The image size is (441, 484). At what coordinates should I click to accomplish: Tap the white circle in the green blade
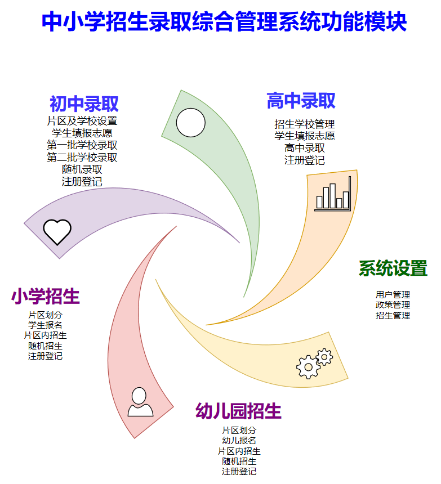pos(190,123)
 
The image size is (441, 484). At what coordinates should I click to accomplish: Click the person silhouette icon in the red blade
pos(140,402)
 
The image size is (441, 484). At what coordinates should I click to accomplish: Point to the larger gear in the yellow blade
pos(308,367)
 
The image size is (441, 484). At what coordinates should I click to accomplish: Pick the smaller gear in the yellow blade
pos(324,357)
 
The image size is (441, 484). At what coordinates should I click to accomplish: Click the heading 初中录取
pos(84,104)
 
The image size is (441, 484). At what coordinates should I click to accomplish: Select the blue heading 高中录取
pos(301,101)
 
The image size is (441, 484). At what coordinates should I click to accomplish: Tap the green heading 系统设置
pos(393,268)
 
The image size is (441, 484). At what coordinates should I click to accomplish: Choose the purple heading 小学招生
pos(46,297)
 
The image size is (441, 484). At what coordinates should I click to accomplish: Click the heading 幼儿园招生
pos(238,411)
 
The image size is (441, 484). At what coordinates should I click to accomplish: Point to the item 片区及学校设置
pos(82,120)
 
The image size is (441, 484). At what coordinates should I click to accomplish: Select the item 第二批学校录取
pos(82,157)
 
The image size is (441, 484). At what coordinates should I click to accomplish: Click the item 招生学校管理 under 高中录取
pos(305,124)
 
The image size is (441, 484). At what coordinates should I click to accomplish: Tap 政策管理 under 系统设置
pos(393,305)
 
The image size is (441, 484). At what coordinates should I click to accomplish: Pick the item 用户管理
pos(393,294)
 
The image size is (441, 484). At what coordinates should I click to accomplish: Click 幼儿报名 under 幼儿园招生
pos(239,441)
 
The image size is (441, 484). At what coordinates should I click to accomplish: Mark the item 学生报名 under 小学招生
pos(46,325)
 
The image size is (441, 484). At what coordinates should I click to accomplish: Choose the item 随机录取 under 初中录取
pos(82,169)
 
